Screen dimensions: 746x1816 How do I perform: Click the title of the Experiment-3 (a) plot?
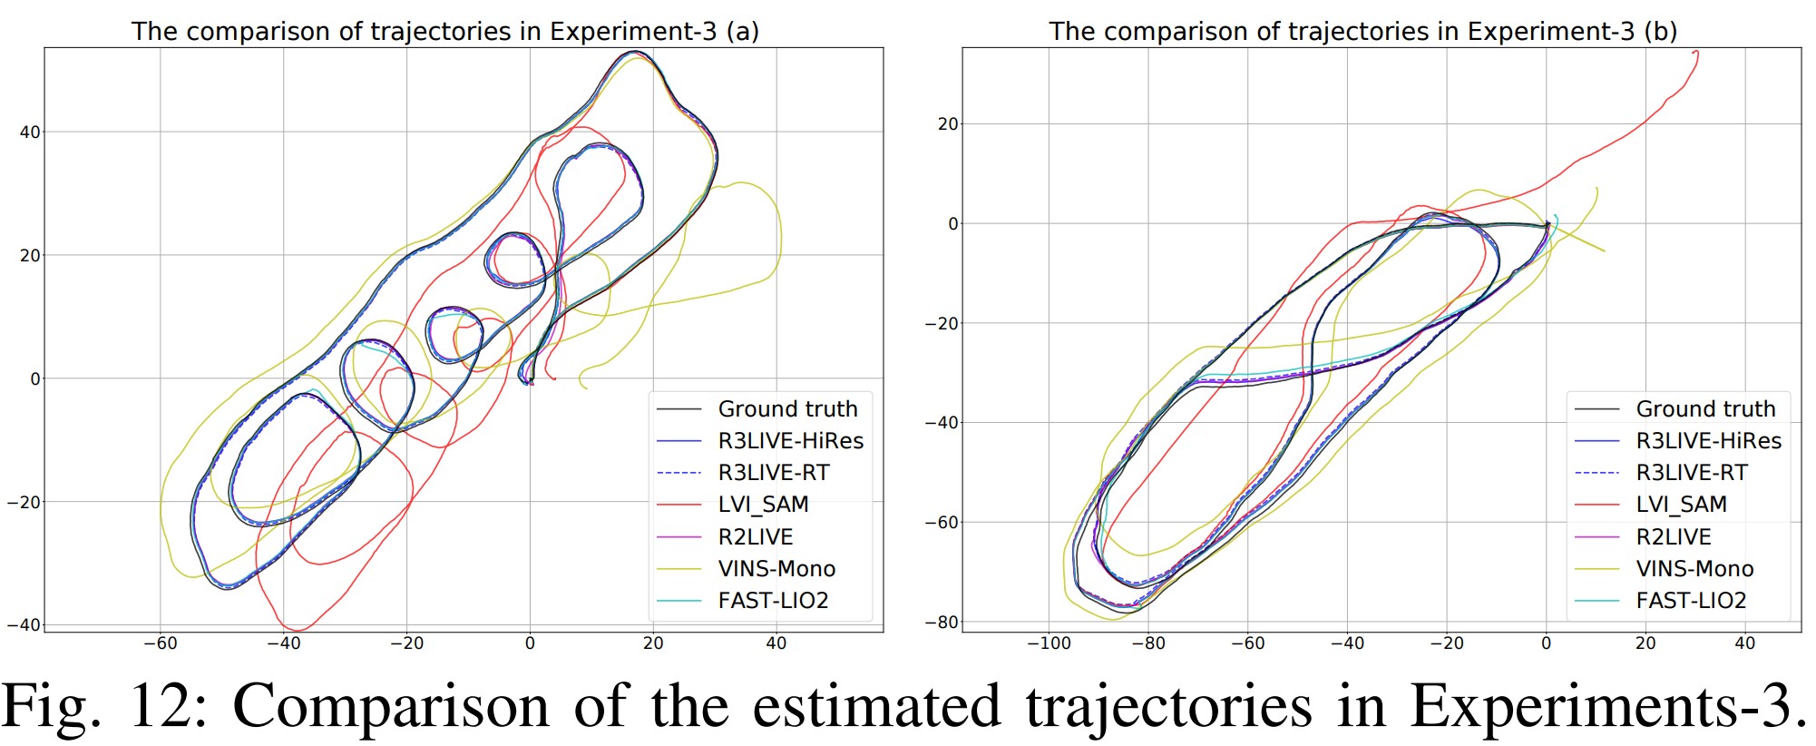coord(444,31)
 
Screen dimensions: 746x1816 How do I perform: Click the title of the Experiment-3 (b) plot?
coord(1362,31)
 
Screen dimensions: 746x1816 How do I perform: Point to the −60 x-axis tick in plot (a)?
coord(161,643)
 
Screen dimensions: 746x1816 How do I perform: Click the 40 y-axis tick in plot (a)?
coord(30,133)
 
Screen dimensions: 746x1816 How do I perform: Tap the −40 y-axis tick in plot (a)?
coord(24,624)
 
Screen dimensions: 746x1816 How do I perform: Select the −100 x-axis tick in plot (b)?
coord(1049,643)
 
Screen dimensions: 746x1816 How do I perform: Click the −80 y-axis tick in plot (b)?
coord(942,623)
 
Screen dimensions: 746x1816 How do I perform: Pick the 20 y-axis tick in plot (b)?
coord(948,124)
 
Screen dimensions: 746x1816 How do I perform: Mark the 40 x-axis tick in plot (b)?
coord(1744,643)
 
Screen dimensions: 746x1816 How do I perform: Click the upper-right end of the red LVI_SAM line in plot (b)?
coord(1695,53)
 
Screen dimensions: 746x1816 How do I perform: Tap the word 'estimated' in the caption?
coord(876,706)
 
